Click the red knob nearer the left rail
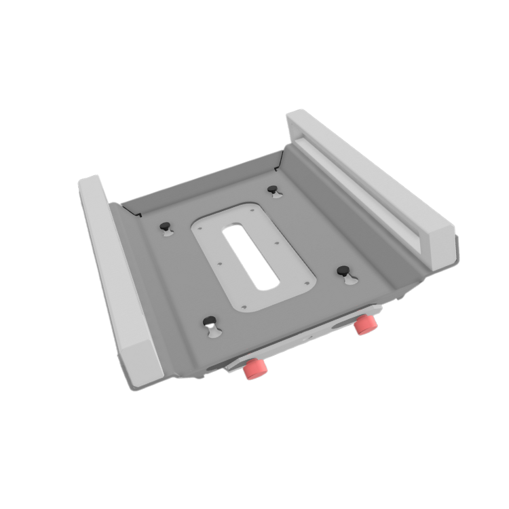coord(255,369)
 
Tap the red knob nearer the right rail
coord(365,323)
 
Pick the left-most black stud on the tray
coord(165,226)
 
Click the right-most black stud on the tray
coord(343,269)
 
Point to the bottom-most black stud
coord(209,321)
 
